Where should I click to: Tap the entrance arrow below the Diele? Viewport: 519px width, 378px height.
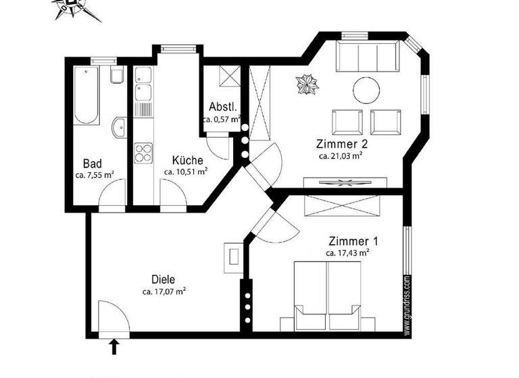(114, 346)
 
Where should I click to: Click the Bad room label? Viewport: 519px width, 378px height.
(93, 163)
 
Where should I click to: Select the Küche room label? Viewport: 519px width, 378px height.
(187, 161)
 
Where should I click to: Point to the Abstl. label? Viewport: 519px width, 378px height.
(222, 107)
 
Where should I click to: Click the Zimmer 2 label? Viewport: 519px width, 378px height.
(341, 144)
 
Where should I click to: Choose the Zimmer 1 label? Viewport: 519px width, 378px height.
(348, 241)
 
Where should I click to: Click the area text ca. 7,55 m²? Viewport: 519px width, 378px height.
(95, 175)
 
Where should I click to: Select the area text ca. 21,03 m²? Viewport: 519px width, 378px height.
(341, 155)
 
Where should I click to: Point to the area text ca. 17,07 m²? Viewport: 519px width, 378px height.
(164, 292)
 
